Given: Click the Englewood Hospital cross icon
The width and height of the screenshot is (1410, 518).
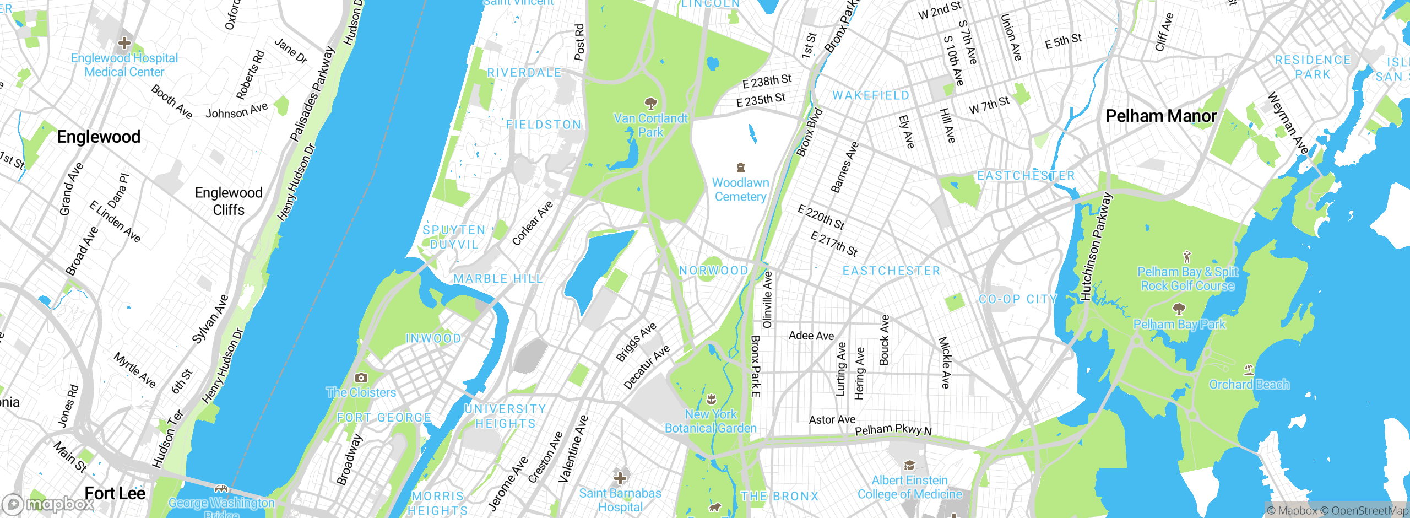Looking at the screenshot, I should (x=124, y=43).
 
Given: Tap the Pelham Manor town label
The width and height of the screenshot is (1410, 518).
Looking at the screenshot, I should (x=1160, y=116).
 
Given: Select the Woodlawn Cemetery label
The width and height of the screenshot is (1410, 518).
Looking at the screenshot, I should (x=740, y=190).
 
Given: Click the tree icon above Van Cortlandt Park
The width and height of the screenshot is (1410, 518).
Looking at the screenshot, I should (x=651, y=103).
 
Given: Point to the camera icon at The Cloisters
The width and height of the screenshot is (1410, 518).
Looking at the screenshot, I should (x=361, y=377).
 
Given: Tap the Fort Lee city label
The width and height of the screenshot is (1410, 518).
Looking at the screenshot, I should (x=115, y=493).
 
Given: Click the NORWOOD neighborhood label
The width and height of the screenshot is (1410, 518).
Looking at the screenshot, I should (x=713, y=271).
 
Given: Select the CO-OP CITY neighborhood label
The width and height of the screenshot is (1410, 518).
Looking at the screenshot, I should (x=1018, y=299).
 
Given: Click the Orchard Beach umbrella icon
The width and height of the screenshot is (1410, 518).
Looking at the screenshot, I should (x=1249, y=369).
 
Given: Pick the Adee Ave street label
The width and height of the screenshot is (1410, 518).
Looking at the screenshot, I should (x=811, y=336).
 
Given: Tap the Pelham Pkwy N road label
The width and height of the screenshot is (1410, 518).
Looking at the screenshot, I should (x=893, y=430).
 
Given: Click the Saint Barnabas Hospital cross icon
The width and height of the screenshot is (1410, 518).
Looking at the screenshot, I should (x=620, y=478).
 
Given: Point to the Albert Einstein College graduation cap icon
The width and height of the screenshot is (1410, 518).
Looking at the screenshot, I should (x=909, y=466).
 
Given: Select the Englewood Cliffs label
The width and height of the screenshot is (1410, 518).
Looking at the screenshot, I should (x=229, y=201).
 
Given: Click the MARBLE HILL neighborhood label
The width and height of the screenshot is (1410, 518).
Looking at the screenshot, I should (x=498, y=279).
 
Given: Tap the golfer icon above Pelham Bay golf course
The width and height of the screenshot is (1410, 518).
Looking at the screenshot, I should (x=1187, y=257).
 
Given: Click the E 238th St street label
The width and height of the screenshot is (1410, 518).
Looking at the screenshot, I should (x=767, y=82).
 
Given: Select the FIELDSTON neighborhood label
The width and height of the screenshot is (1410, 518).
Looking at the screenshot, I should (x=544, y=125).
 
